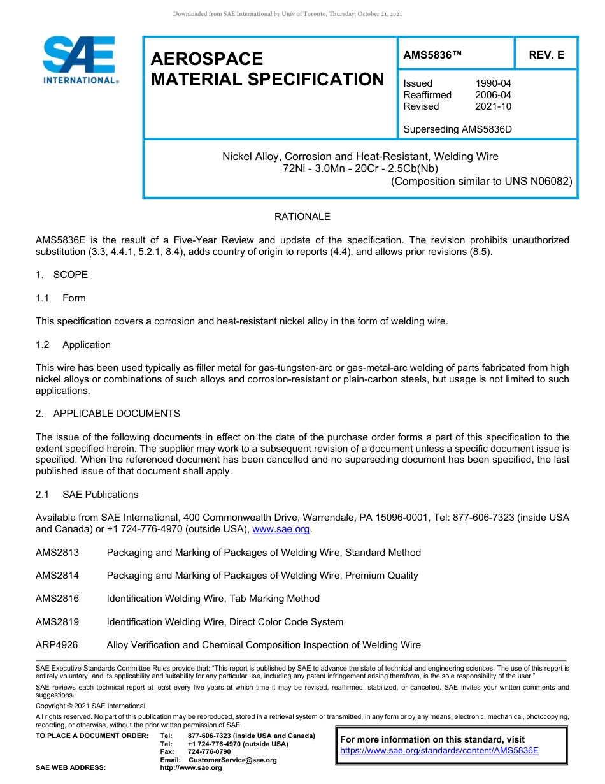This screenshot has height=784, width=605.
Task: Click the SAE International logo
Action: [x=80, y=60]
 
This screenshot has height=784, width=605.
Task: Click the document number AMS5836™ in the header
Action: [x=432, y=55]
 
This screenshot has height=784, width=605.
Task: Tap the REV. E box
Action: [x=546, y=55]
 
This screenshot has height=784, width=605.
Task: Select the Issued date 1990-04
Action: [x=493, y=83]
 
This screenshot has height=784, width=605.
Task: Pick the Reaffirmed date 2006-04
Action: [x=493, y=95]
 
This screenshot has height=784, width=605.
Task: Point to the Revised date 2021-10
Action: [x=493, y=106]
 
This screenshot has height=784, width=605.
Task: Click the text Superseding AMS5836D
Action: [x=457, y=129]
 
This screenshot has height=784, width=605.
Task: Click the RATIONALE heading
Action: [x=302, y=217]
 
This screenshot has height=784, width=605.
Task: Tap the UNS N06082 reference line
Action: [x=481, y=180]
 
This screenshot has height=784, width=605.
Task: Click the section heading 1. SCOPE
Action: [x=62, y=275]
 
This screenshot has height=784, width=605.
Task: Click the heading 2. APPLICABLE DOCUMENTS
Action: [x=108, y=414]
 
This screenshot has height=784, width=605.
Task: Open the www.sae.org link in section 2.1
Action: [x=281, y=529]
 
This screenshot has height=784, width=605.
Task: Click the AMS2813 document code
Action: [x=57, y=553]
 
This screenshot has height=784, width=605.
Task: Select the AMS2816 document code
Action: [x=57, y=599]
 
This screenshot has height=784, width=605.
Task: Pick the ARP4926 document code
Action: [x=57, y=645]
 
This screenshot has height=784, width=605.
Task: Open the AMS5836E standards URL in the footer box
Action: [x=439, y=750]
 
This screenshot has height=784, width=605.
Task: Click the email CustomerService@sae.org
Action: [x=232, y=760]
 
